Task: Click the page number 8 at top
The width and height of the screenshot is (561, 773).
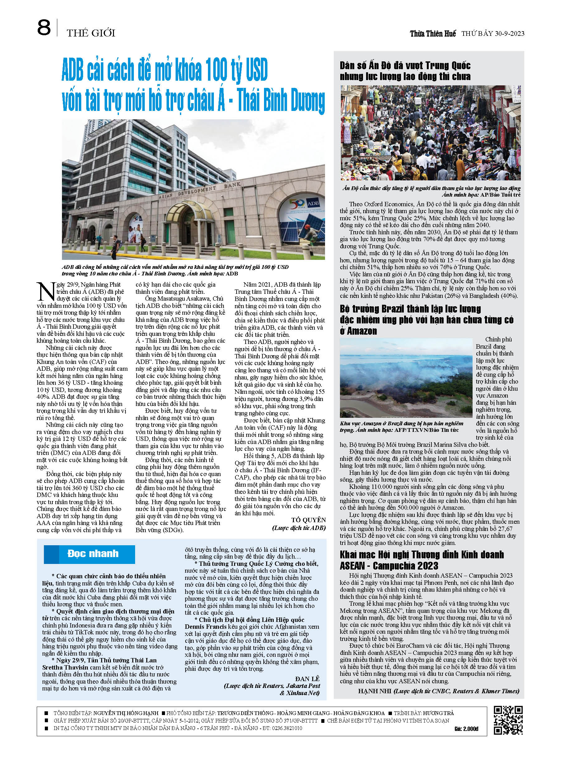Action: click(44, 28)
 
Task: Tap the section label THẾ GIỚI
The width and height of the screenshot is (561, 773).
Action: click(91, 33)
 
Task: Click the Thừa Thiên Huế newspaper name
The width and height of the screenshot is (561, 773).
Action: click(433, 33)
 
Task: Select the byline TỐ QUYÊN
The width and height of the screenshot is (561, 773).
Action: click(308, 520)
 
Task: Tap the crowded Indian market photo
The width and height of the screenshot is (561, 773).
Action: click(431, 133)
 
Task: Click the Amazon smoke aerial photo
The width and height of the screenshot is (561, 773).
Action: click(406, 378)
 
